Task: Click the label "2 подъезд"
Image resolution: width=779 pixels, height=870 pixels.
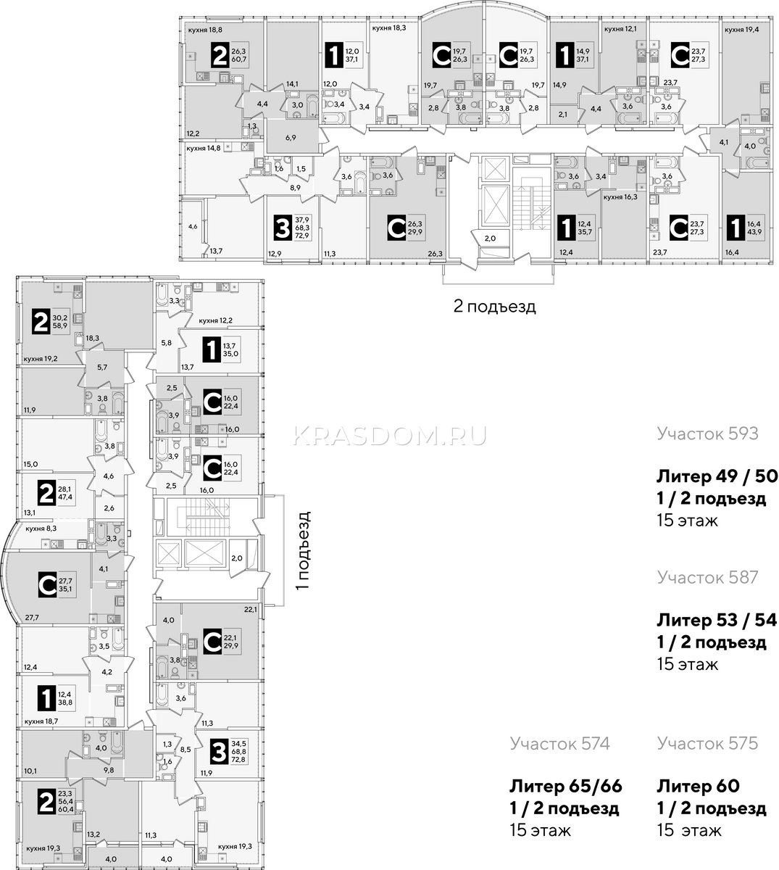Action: tap(494, 307)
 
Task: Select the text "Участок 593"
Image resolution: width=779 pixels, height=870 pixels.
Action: tap(708, 434)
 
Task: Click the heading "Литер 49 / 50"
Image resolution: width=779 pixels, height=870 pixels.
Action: tap(717, 476)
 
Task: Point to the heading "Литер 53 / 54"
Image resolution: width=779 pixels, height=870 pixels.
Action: tap(717, 620)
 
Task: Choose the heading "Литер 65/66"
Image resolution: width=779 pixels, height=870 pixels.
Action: tap(566, 787)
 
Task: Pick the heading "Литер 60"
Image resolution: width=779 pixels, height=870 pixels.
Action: tap(699, 787)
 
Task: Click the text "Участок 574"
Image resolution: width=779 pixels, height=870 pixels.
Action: tap(559, 743)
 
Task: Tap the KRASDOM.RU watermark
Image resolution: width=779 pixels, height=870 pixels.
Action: tap(390, 436)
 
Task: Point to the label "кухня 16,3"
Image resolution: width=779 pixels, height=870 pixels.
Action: tap(620, 196)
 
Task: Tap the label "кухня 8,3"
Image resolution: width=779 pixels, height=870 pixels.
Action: tap(41, 529)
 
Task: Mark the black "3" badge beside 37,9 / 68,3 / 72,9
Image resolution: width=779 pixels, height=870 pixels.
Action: tap(283, 228)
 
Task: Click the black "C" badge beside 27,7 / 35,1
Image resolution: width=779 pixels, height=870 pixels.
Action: tap(47, 584)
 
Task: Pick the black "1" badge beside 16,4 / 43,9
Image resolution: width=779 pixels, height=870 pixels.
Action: tap(736, 228)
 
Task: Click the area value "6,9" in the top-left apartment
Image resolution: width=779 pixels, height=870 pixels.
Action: tap(291, 138)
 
